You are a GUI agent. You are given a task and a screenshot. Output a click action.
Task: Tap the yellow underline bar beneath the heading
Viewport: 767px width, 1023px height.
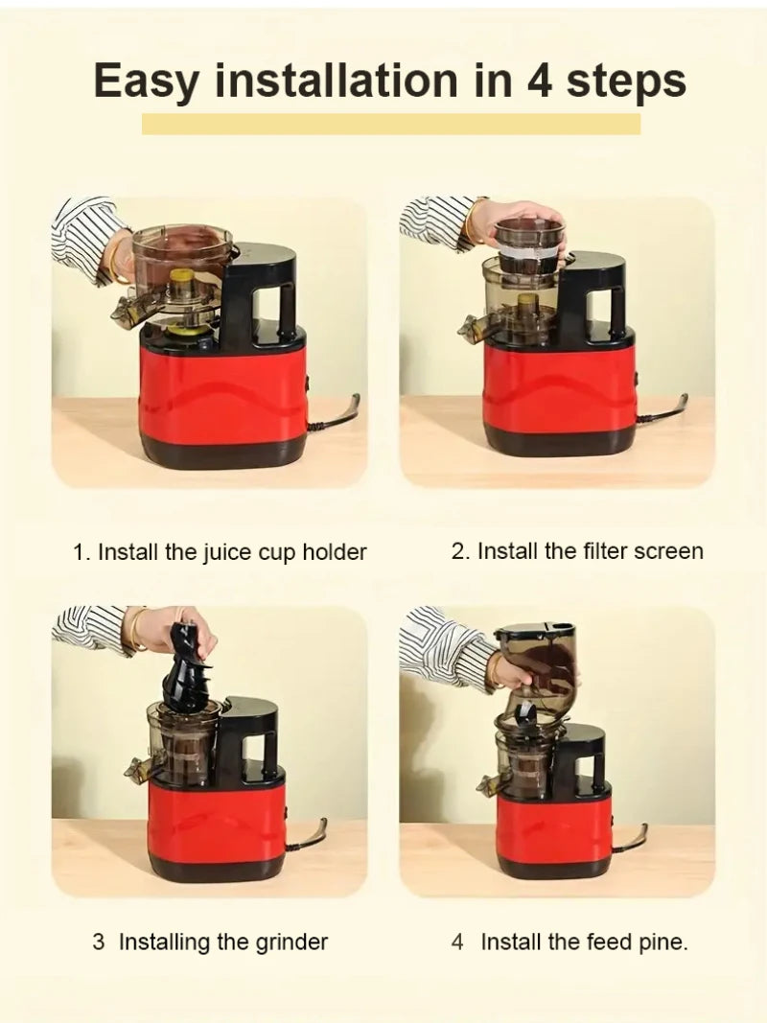coord(390,124)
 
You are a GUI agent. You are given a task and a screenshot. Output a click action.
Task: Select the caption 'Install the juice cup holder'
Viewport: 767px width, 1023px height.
coord(220,553)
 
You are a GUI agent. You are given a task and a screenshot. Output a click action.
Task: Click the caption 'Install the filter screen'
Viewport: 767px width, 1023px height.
coord(577,551)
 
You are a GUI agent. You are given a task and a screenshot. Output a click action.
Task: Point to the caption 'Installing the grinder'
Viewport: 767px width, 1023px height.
coord(210,942)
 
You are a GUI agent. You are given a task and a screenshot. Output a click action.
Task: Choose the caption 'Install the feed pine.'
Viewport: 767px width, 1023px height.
coord(569,942)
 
